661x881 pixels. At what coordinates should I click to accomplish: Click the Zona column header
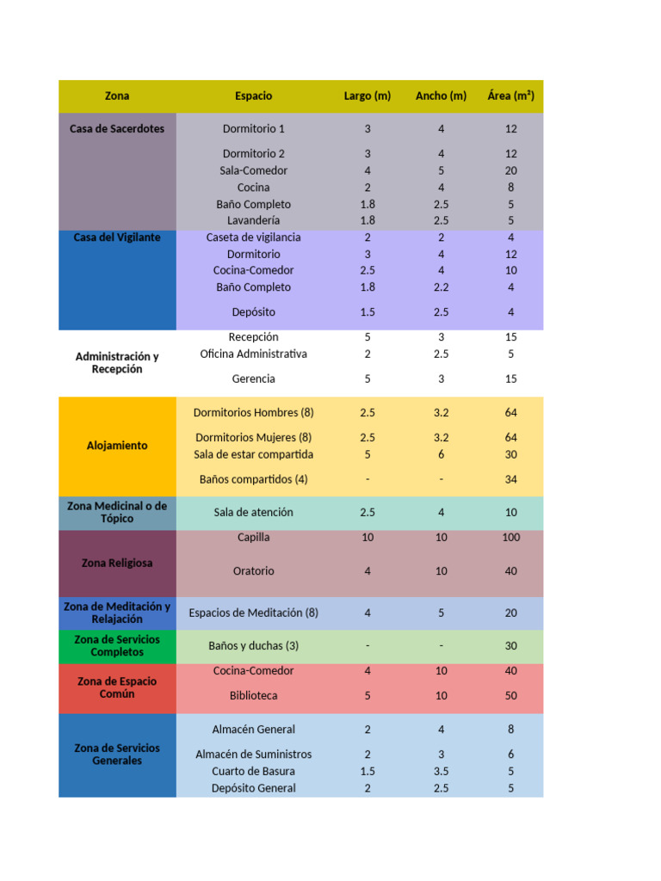(x=117, y=96)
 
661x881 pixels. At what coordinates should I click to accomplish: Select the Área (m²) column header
(x=510, y=96)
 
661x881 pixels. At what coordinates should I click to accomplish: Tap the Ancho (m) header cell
(x=441, y=96)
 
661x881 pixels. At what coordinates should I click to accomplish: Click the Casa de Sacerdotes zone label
(x=117, y=129)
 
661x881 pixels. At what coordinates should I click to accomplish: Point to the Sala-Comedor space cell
(x=253, y=170)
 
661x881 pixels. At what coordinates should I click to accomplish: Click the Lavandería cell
(x=253, y=220)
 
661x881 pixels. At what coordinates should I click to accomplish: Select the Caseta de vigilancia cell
(x=253, y=237)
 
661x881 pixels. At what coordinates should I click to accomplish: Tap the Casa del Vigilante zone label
(x=117, y=237)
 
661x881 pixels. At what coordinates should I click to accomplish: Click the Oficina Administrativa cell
(x=253, y=354)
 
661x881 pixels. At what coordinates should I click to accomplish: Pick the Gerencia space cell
(x=253, y=379)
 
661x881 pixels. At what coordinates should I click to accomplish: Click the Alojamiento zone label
(x=117, y=446)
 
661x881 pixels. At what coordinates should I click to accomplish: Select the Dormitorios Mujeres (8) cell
(x=253, y=438)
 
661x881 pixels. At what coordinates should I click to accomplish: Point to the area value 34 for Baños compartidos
(x=510, y=479)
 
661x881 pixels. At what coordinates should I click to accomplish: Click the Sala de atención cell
(x=253, y=513)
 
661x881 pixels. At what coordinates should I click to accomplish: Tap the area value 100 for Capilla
(x=510, y=538)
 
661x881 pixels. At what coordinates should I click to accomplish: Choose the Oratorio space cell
(x=253, y=571)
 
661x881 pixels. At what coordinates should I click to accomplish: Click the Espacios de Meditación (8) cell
(x=253, y=613)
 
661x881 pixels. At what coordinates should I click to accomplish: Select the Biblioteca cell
(x=253, y=696)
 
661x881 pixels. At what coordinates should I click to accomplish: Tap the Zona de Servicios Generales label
(x=117, y=755)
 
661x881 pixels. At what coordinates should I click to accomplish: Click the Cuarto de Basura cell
(x=253, y=772)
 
